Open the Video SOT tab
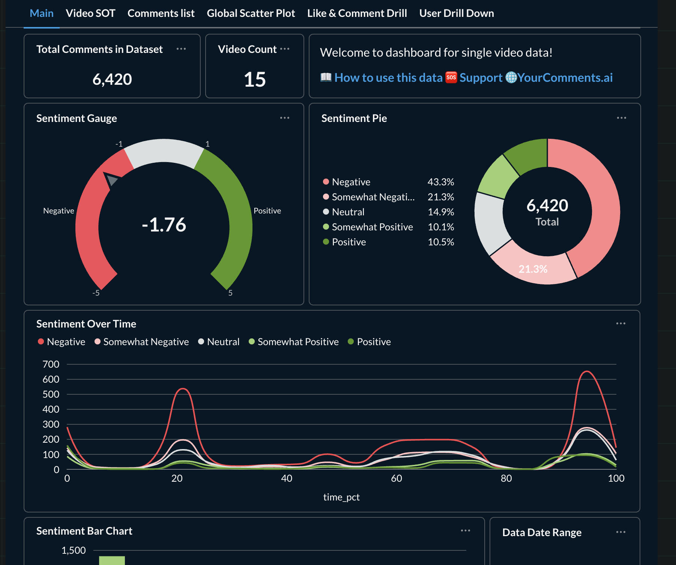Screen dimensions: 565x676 (x=90, y=14)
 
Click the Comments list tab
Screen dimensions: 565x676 (x=161, y=14)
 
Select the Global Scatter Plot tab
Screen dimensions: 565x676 (x=251, y=14)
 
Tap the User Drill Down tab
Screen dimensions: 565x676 (x=456, y=14)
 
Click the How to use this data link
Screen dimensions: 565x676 (x=388, y=78)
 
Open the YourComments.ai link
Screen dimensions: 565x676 (x=565, y=78)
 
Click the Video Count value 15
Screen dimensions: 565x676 (x=255, y=80)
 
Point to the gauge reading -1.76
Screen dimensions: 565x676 (x=164, y=225)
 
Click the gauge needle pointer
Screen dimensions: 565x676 (x=111, y=180)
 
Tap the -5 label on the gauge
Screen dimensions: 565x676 (x=96, y=293)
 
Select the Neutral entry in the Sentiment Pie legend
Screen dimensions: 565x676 (x=348, y=212)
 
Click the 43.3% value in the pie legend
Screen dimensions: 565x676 (x=441, y=182)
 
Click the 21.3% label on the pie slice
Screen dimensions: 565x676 (x=533, y=269)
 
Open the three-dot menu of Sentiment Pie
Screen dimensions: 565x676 (x=621, y=118)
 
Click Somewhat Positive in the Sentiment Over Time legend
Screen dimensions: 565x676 (x=298, y=342)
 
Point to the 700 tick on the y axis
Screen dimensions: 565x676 (x=51, y=364)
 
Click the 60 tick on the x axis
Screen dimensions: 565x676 (x=397, y=478)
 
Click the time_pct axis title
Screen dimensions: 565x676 (x=341, y=497)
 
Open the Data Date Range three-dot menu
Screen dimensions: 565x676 (x=620, y=532)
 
